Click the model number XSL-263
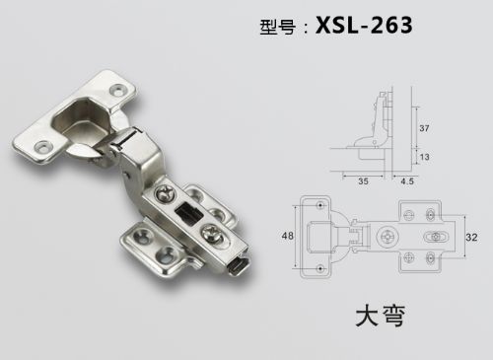pos(364,26)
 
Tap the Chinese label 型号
pos(277,27)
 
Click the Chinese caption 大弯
pos(381,316)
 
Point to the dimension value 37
pos(424,128)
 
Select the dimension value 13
pos(424,157)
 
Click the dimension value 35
pos(363,181)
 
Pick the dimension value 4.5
pos(407,181)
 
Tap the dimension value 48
pos(288,236)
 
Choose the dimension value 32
pos(471,237)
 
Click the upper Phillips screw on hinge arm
pos(164,193)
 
